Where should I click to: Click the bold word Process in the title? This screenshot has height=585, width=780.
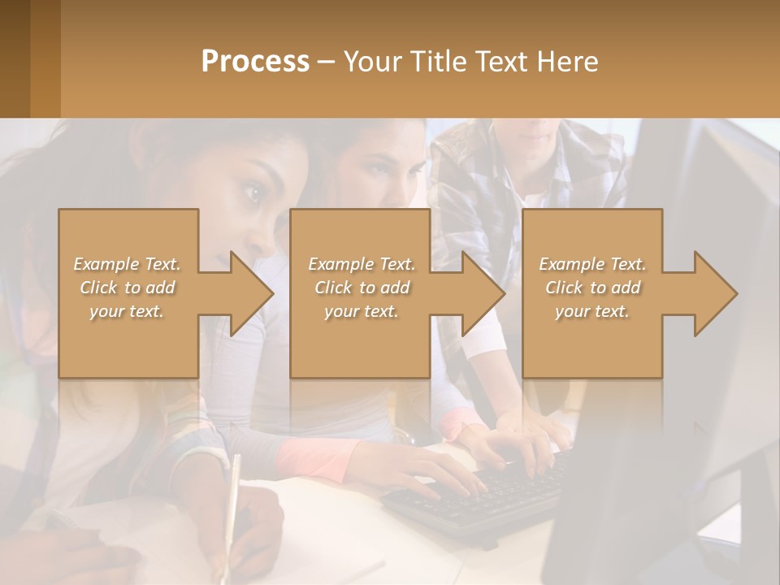(x=255, y=62)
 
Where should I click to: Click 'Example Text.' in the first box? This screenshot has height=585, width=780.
(x=127, y=264)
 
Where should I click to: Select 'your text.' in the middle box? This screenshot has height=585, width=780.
(x=361, y=311)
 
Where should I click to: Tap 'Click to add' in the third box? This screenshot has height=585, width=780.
(x=592, y=288)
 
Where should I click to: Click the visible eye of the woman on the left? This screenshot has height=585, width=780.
(x=253, y=194)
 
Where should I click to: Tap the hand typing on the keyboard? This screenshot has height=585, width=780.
(x=443, y=471)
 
